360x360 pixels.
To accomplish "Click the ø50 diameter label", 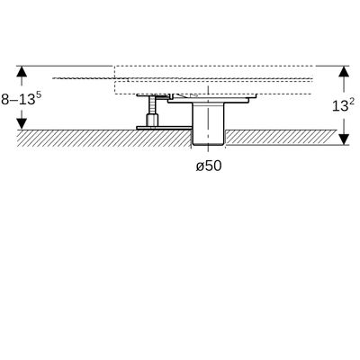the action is (209, 166).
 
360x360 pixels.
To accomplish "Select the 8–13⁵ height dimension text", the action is (21, 99).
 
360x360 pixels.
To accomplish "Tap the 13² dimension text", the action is (343, 105).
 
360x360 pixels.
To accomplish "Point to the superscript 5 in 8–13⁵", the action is (39, 94).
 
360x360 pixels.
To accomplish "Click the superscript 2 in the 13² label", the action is (352, 102).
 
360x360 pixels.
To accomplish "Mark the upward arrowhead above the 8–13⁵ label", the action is (22, 71).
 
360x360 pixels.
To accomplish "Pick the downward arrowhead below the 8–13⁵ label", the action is (22, 124).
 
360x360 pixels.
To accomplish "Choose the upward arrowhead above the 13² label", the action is (344, 71).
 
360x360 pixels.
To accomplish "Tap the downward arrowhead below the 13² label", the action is (344, 139).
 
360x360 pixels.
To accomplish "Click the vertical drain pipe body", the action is (208, 123).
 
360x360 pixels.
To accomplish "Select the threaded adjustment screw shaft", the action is (152, 105).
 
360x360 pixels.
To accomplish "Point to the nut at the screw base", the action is (152, 121).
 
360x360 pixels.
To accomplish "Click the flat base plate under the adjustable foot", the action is (164, 128).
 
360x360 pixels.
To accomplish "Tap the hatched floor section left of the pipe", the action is (104, 139).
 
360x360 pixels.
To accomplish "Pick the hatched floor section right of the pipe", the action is (281, 138).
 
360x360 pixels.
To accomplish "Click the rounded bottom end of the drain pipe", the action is (208, 144).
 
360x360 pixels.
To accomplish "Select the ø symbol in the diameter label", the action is (200, 166).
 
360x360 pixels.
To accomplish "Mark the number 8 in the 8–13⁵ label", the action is (5, 100).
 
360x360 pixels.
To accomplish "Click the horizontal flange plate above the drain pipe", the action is (208, 102).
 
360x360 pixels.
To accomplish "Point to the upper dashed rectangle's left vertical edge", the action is (114, 72).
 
